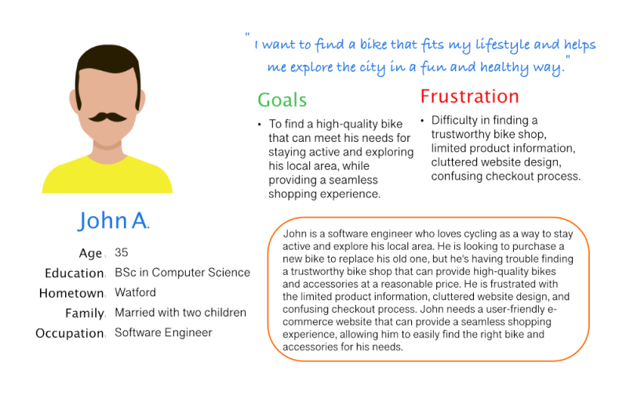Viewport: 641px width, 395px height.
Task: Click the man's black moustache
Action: point(107,118)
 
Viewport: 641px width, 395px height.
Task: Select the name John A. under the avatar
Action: point(113,220)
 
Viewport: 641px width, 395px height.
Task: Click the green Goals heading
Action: point(282,100)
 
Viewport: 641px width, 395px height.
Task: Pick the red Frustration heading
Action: point(470,96)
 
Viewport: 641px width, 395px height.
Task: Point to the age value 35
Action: point(122,252)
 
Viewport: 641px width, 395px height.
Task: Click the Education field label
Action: point(75,273)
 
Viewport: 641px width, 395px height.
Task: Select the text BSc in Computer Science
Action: point(182,273)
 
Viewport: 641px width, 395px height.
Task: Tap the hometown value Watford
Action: point(135,292)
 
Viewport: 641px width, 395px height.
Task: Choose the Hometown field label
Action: point(71,293)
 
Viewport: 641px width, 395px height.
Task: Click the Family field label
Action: point(85,313)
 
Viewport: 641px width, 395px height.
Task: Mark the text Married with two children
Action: point(180,313)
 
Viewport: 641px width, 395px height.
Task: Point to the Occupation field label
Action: point(70,333)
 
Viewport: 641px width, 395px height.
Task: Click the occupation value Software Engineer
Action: point(163,332)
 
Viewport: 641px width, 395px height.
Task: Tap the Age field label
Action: point(90,253)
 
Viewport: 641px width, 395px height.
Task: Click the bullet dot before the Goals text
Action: point(260,124)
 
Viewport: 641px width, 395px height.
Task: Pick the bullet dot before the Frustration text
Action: point(422,121)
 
